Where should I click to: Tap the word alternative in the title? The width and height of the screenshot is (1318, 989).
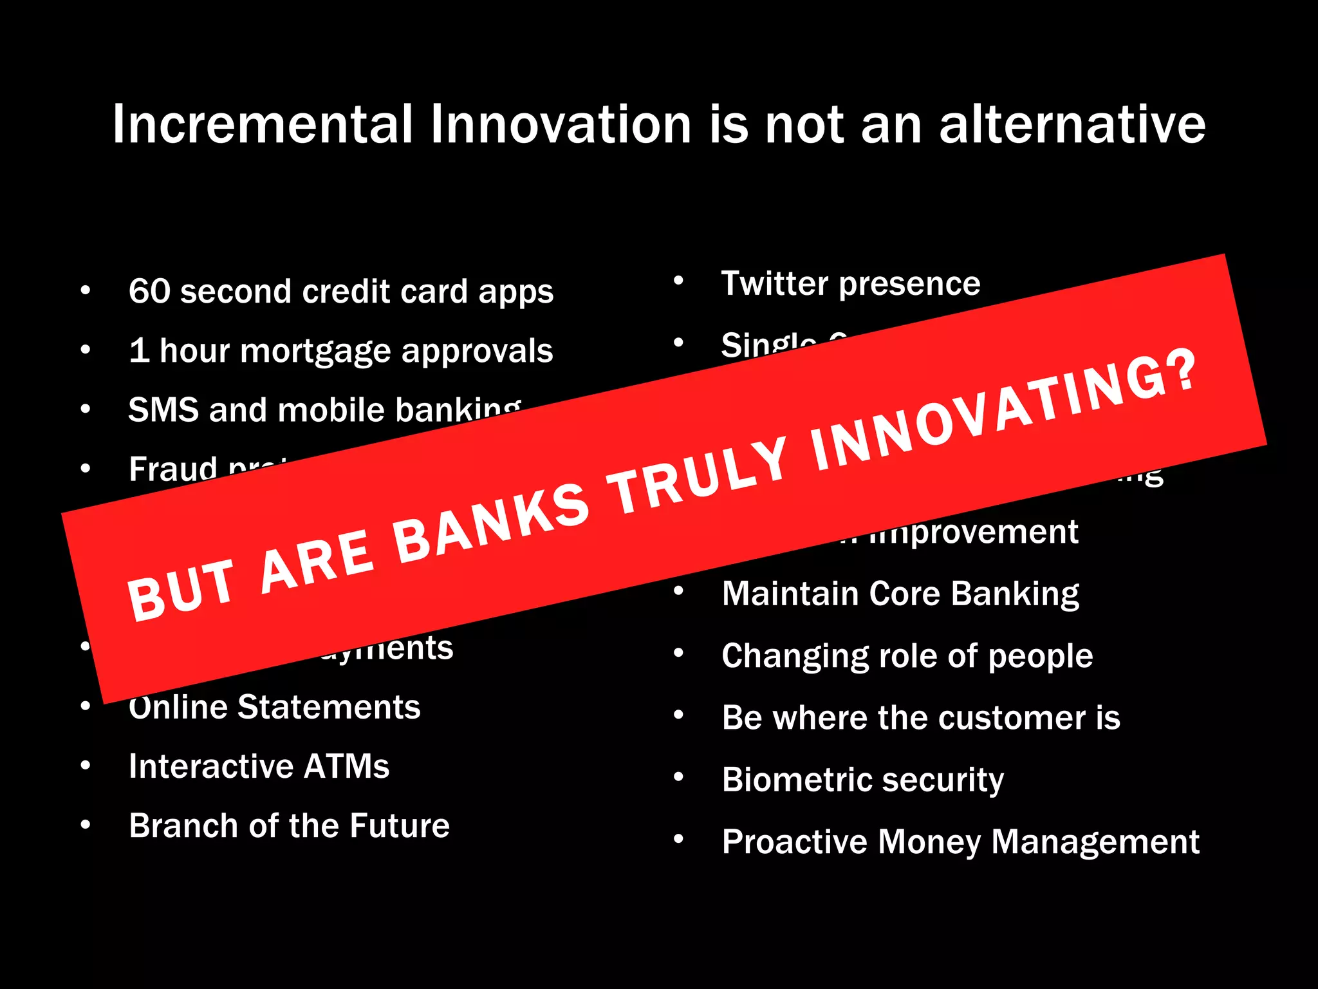coord(1072,124)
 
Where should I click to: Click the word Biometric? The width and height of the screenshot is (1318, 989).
coord(797,780)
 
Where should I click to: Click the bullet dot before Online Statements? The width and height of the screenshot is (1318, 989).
coord(86,706)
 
